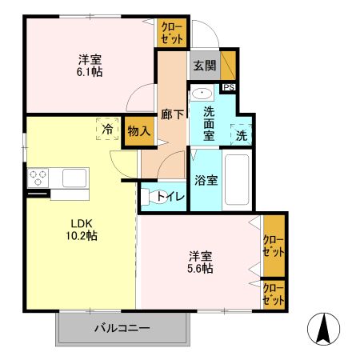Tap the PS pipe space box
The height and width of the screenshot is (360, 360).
tap(229, 88)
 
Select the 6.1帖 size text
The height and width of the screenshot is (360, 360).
tap(90, 71)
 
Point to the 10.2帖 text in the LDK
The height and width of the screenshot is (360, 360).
tap(80, 236)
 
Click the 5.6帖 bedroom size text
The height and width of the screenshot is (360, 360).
tap(201, 269)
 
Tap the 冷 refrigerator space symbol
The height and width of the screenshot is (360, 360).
tap(106, 129)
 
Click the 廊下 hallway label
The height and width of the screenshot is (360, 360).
tap(173, 114)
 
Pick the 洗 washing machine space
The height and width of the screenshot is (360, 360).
tap(241, 136)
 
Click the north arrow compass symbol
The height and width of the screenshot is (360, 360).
tap(325, 329)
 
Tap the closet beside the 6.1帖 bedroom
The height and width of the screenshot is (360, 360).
tap(172, 34)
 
